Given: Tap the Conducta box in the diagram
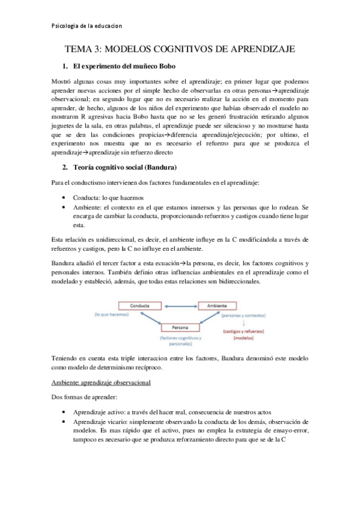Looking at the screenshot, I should click(x=139, y=306).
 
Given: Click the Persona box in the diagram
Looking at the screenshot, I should click(x=182, y=328).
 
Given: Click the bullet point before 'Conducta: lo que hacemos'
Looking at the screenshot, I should click(x=64, y=197).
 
